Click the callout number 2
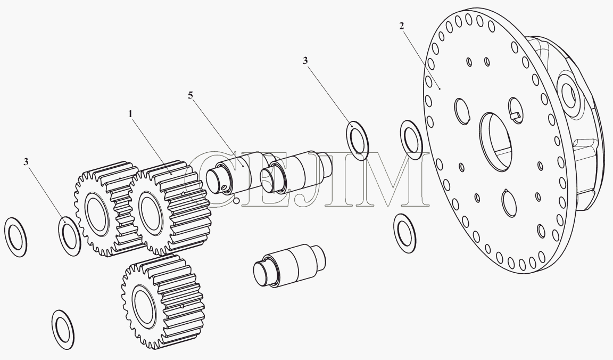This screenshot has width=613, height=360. (402, 26)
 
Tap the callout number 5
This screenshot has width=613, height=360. (190, 95)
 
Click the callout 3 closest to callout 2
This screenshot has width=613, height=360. (305, 60)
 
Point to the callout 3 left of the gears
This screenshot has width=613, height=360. (26, 161)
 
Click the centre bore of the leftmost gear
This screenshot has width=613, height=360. (96, 215)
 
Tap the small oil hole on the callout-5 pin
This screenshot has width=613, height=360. (223, 188)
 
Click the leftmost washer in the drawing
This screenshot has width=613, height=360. (15, 237)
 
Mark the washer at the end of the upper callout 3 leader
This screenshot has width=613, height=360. (358, 141)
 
